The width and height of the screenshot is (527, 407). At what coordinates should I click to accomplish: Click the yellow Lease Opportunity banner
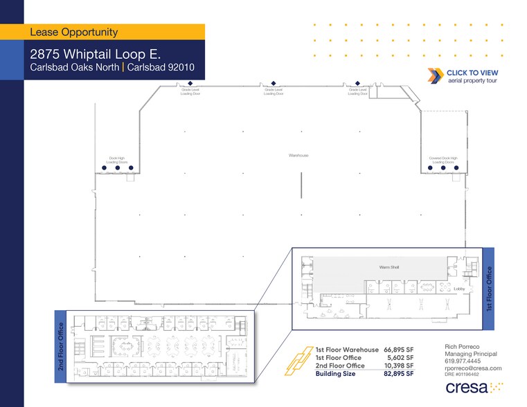point(114,32)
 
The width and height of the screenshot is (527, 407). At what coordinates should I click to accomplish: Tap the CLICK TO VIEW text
point(472,73)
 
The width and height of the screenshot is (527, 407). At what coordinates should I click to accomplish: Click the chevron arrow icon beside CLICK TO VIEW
point(436,76)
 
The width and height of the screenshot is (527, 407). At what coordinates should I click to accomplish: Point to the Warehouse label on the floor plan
point(298,156)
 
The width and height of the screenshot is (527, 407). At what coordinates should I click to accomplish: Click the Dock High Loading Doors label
point(118,159)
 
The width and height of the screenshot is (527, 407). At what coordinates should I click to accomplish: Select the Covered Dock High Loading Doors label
point(443,159)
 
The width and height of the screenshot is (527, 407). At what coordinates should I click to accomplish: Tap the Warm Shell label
point(388,267)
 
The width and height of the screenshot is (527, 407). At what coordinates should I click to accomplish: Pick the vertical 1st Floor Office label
point(489,287)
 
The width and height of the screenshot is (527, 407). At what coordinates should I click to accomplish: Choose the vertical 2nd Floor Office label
point(61,351)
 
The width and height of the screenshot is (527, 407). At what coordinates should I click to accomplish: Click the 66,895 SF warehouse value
point(399,350)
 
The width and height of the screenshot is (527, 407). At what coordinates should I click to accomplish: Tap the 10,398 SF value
point(399,365)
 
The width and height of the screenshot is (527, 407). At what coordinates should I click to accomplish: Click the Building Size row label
point(335,374)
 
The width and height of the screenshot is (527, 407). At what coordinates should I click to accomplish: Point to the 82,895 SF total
point(399,374)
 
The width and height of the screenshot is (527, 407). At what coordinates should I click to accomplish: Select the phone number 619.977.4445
point(463,360)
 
